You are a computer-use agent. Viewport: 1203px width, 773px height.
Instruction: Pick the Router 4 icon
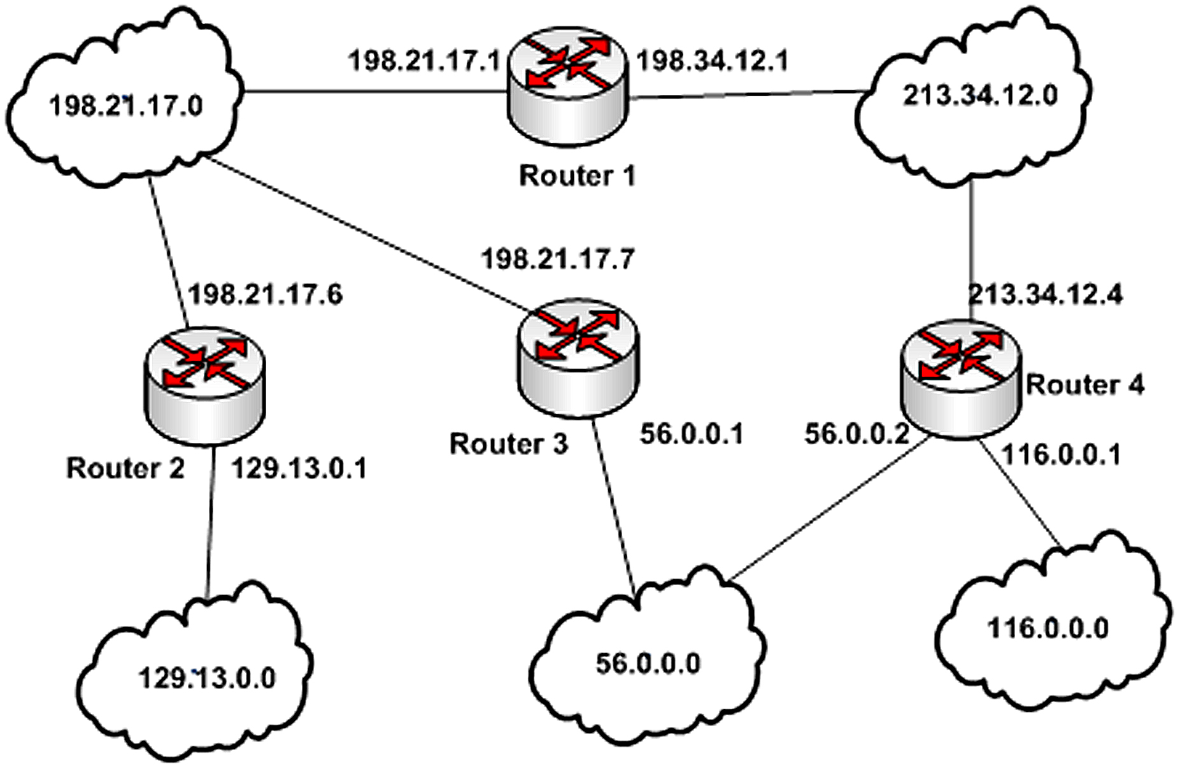(960, 379)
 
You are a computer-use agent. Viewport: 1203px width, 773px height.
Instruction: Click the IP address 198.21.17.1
(424, 61)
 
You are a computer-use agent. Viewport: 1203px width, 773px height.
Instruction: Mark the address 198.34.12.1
(713, 61)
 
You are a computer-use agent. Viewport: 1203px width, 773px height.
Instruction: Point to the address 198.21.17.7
(558, 259)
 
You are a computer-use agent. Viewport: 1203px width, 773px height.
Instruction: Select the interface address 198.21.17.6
(266, 294)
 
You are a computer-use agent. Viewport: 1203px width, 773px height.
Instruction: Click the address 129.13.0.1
(299, 468)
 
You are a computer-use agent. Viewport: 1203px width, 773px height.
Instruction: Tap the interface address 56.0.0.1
(692, 434)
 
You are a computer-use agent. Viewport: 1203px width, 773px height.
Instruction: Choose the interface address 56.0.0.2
(857, 434)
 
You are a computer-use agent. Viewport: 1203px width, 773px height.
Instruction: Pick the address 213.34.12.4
(1045, 294)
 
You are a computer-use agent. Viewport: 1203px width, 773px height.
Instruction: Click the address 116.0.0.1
(1061, 454)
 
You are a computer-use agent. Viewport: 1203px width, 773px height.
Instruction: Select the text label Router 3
(508, 444)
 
